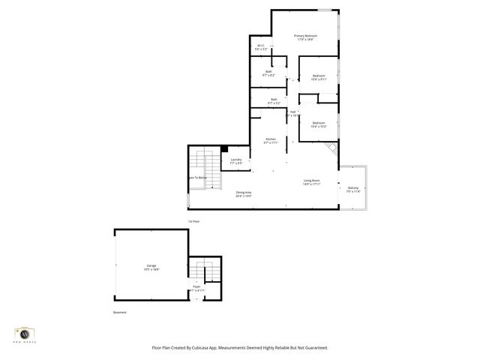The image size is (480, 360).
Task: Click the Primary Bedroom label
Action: click(305, 37)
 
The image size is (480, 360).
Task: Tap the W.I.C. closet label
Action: click(261, 46)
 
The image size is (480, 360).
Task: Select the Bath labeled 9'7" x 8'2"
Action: click(268, 72)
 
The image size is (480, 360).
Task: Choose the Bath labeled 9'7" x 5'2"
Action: click(274, 100)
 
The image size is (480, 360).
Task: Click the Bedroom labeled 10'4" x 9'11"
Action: click(319, 76)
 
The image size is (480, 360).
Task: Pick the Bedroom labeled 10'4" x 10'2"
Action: click(319, 123)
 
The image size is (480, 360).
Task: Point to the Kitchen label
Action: click(271, 139)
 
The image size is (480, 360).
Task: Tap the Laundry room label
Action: click(235, 160)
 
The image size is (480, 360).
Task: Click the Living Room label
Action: click(312, 181)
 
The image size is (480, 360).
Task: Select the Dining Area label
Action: click(244, 193)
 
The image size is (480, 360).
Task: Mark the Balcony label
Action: click(353, 188)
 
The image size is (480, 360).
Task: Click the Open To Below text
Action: click(197, 178)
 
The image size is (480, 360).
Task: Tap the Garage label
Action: click(151, 266)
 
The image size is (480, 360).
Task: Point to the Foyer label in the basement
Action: click(196, 286)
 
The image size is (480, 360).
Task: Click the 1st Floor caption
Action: click(193, 221)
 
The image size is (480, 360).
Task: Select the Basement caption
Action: click(120, 312)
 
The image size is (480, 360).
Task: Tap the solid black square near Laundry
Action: click(224, 148)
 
